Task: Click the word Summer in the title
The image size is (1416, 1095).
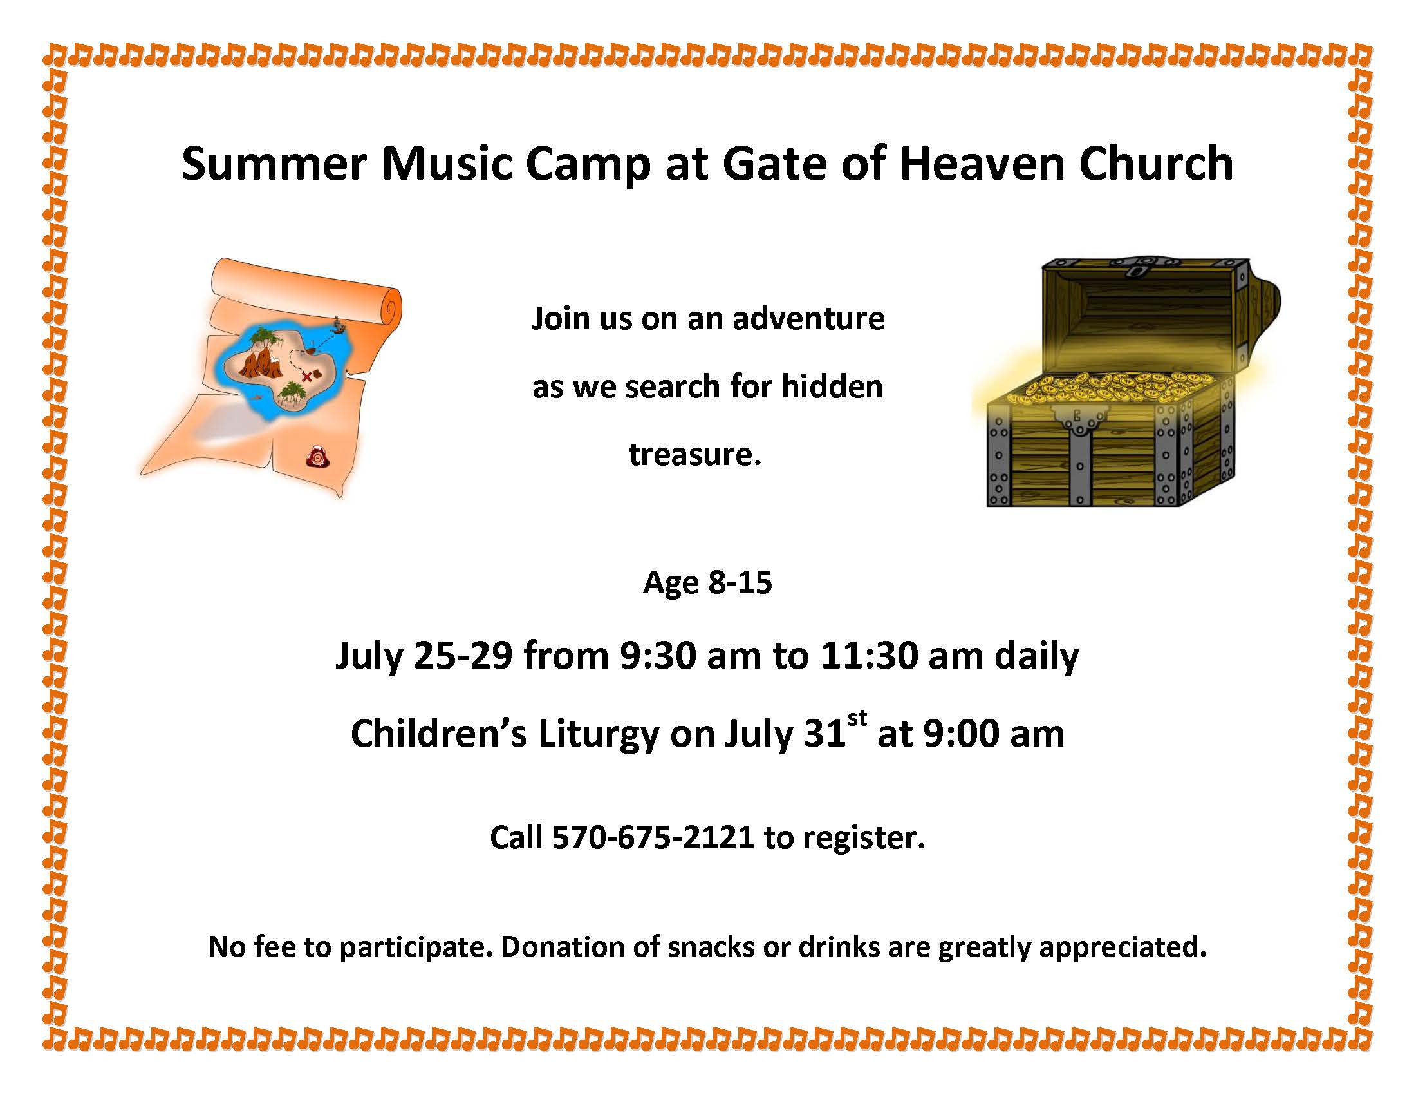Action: (274, 164)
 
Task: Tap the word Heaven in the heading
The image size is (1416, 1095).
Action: (982, 164)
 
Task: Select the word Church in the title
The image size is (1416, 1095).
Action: (1156, 164)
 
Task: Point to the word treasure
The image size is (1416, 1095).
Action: (694, 454)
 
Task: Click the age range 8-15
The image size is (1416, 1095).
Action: (740, 582)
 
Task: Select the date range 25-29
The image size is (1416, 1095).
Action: (463, 656)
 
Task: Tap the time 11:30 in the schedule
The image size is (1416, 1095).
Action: (869, 656)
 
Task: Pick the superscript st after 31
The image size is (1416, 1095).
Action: (857, 718)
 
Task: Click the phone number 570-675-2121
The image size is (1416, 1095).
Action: (653, 837)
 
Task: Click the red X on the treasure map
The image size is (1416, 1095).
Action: (306, 377)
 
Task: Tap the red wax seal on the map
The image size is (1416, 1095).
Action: (318, 457)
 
